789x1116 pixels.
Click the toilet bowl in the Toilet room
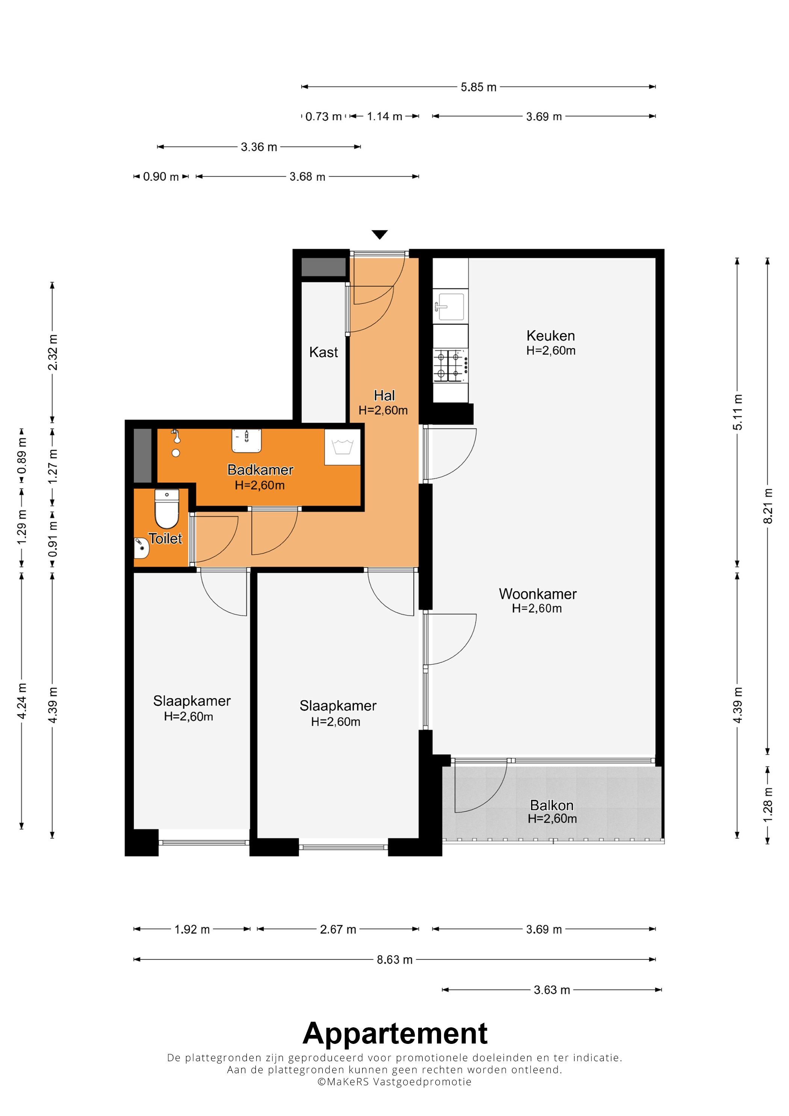[167, 509]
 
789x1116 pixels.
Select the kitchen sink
[450, 306]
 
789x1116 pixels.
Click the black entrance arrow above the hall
[380, 234]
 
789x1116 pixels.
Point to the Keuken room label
[551, 335]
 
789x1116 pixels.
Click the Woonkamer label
[538, 593]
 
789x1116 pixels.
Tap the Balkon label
[552, 805]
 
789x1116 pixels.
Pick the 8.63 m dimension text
[395, 959]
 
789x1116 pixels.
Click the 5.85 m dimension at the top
[479, 87]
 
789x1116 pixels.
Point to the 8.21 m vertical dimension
[768, 506]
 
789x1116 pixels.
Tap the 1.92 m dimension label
[192, 929]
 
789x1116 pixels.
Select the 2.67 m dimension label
[338, 929]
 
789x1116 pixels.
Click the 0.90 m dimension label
[161, 177]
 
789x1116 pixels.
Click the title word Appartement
[395, 1033]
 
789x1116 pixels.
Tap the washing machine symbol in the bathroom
[343, 447]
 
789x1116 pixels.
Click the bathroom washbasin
[246, 440]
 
